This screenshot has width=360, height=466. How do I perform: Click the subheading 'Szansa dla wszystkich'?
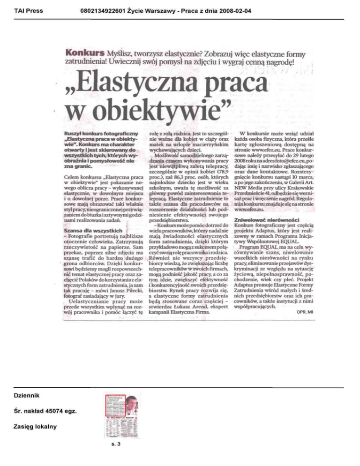[x=93, y=231]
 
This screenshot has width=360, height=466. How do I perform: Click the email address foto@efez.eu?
[x=297, y=147]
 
